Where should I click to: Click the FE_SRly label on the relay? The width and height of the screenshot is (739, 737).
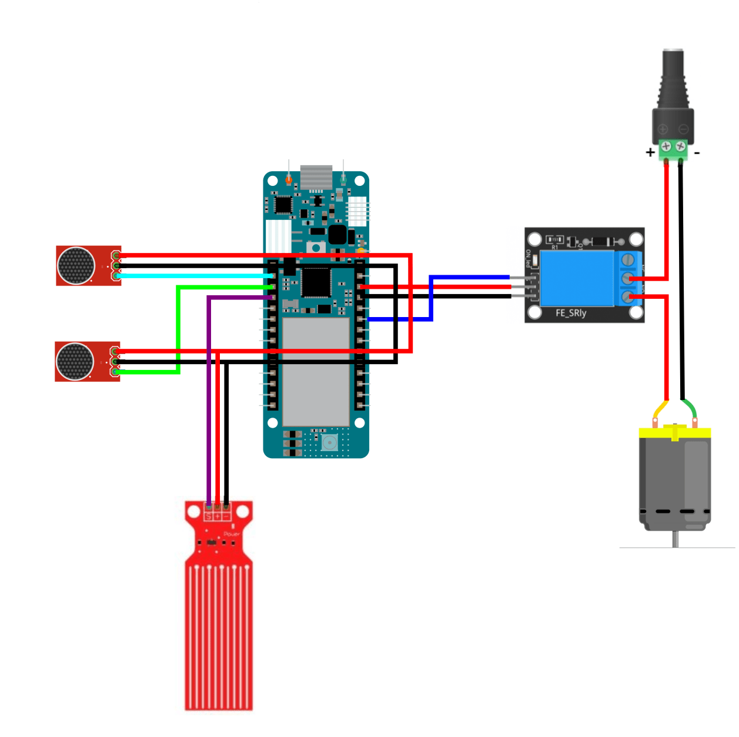[571, 313]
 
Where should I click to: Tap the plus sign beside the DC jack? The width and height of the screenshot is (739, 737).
[650, 152]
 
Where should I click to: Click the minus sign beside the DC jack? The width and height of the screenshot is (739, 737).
[697, 152]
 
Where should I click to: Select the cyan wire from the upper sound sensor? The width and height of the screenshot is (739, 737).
[194, 275]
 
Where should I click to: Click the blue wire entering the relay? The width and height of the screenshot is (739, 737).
[470, 276]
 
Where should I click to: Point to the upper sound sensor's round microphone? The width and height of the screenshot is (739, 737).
[76, 266]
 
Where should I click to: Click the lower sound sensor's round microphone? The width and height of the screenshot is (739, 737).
[75, 362]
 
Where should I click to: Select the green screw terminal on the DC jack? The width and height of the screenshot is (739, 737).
[673, 147]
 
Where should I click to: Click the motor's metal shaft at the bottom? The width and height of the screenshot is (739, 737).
[676, 538]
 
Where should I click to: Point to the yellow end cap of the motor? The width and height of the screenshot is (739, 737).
[675, 433]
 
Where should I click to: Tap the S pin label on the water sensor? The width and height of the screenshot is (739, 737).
[208, 516]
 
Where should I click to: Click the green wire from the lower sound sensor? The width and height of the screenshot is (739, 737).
[178, 329]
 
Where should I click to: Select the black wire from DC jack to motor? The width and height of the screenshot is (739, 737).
[681, 282]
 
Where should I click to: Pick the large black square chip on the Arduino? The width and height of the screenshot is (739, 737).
[316, 282]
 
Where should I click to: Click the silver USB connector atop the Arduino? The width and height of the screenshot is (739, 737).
[316, 177]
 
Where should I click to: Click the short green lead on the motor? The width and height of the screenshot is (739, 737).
[690, 408]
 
